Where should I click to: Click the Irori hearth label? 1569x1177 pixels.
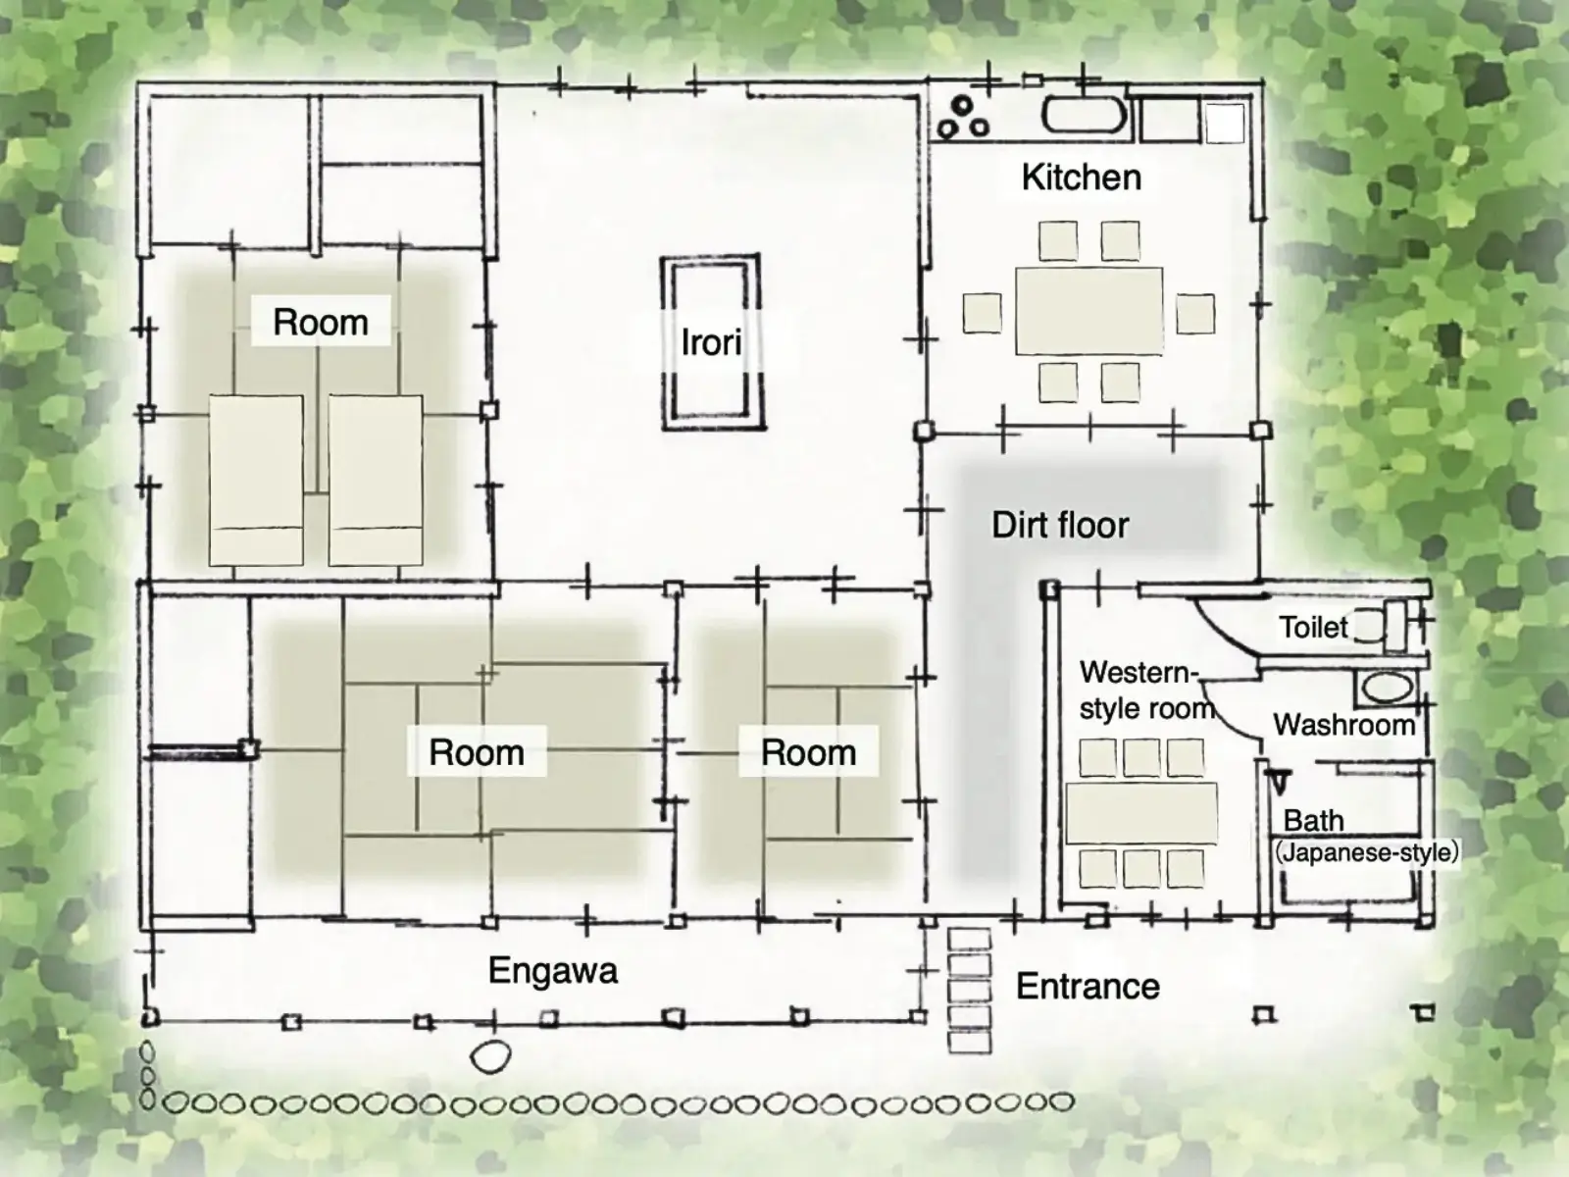(711, 342)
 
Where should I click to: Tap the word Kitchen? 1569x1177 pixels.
(1082, 178)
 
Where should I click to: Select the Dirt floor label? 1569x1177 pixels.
(1060, 526)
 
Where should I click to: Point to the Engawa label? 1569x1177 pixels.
(552, 971)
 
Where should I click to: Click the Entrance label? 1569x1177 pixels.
(1088, 987)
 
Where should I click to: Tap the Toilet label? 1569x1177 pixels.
(1313, 628)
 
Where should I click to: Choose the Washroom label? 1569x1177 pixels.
(1344, 725)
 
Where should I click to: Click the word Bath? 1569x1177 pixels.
(1314, 820)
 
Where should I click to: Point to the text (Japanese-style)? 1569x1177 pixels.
(1366, 852)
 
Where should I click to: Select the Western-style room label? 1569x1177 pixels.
(1146, 691)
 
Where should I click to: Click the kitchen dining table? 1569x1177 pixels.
(1088, 311)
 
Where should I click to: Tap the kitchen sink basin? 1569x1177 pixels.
(1084, 116)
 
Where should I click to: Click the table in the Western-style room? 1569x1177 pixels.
(1140, 812)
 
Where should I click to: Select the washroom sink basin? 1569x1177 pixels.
(1388, 688)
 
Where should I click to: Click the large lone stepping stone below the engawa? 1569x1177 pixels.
(490, 1056)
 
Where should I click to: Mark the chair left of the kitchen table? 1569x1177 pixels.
(983, 313)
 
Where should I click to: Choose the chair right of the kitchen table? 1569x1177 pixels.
(1195, 314)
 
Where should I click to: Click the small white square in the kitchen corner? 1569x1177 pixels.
(1225, 123)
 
